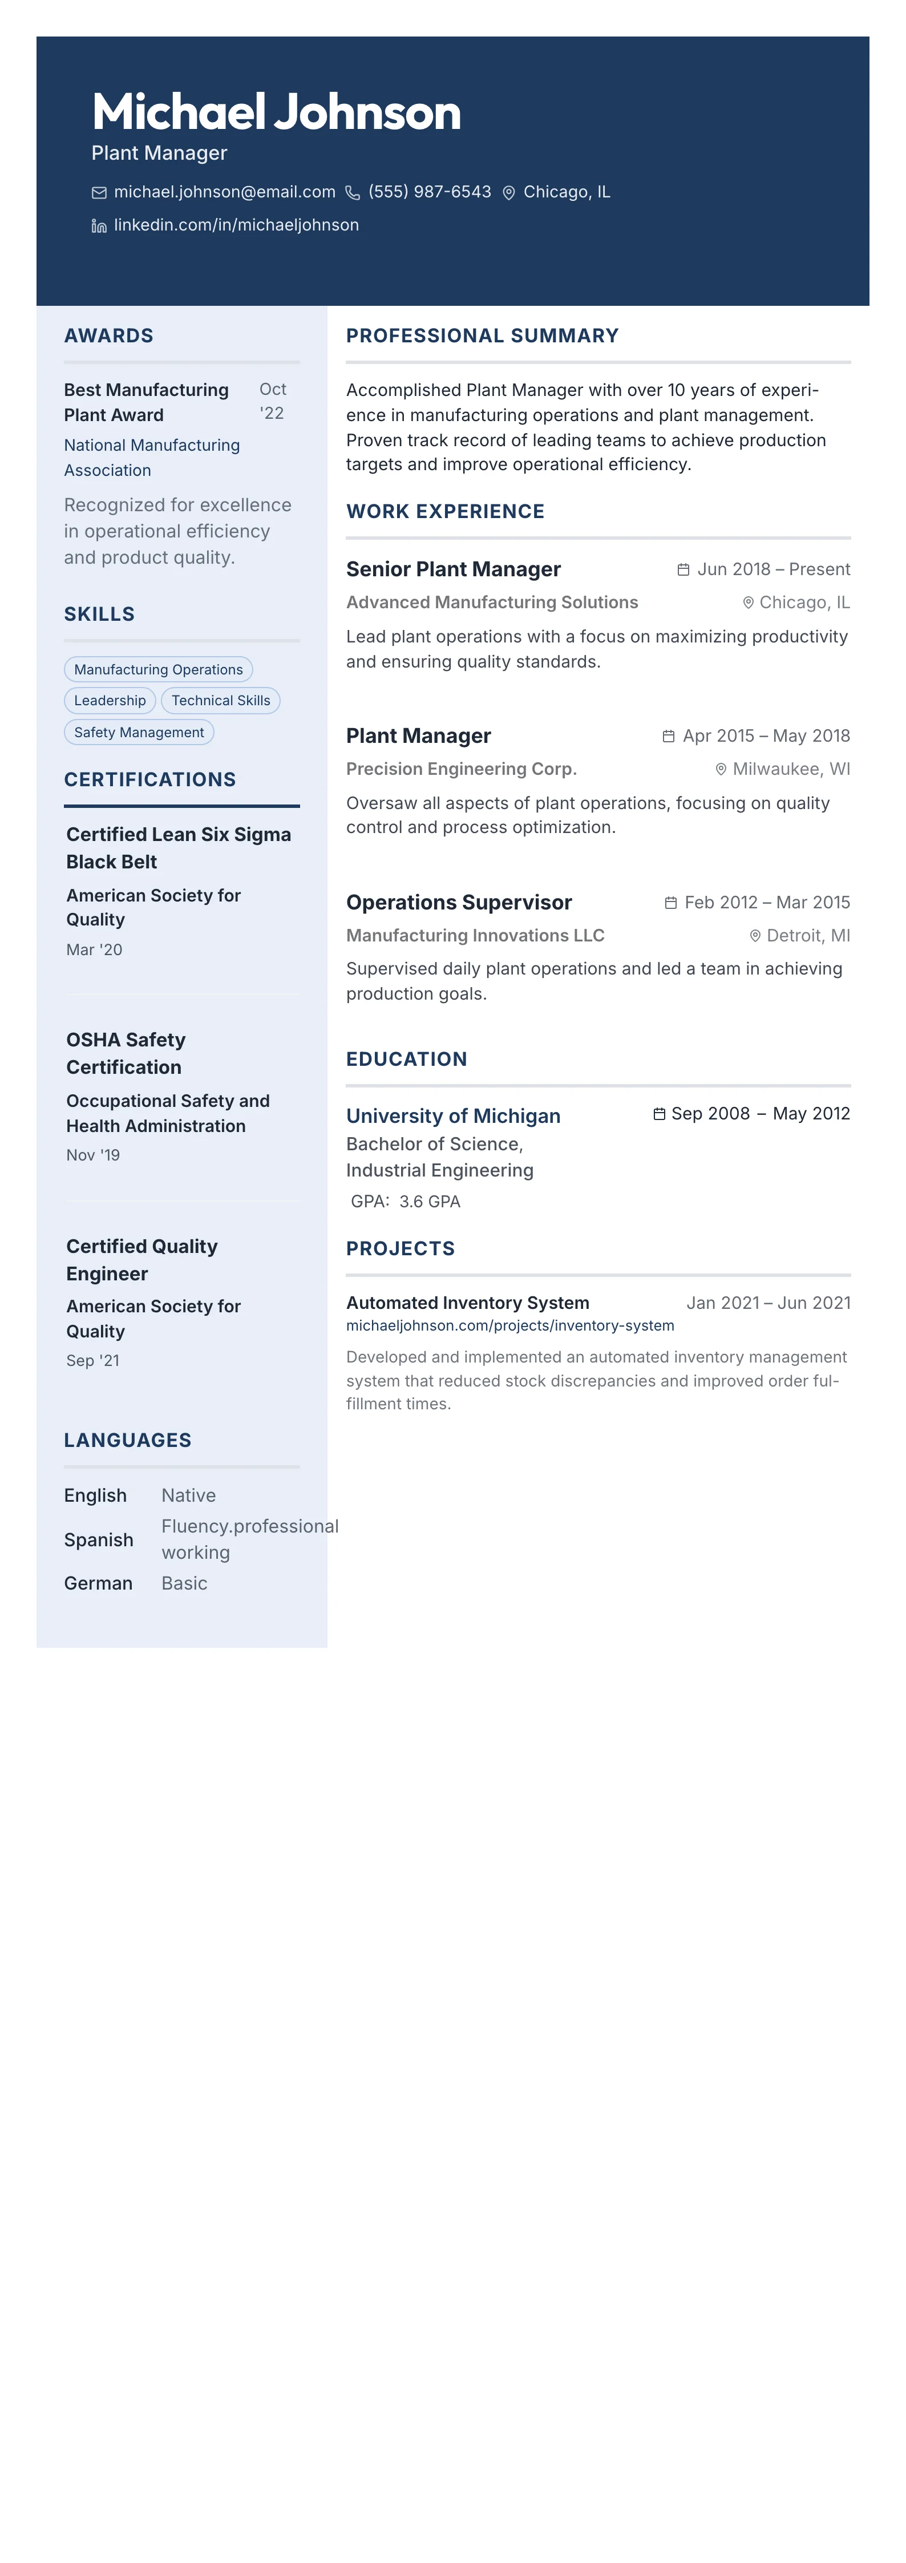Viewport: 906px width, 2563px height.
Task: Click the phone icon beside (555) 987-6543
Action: [352, 193]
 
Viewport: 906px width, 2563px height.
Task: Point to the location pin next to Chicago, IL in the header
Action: [508, 193]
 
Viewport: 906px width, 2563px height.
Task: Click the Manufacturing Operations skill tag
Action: [158, 670]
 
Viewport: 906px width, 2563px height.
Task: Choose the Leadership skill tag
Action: [110, 701]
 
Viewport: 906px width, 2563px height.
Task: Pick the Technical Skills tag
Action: [221, 701]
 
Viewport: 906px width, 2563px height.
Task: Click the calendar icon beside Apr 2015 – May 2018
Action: [668, 736]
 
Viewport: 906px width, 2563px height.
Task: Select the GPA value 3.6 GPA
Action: [430, 1202]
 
